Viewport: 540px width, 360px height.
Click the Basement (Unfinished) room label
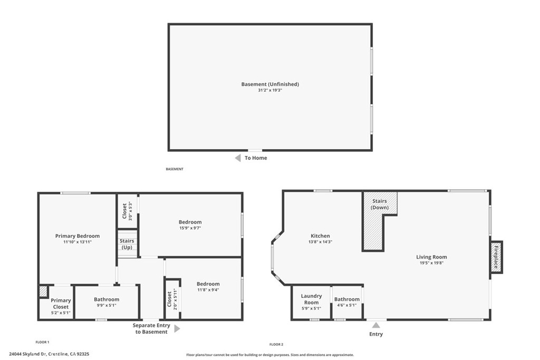coord(270,84)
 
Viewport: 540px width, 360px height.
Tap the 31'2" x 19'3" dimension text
coord(270,90)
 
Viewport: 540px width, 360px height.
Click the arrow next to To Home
coord(238,158)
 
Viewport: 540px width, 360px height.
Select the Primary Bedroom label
coord(78,236)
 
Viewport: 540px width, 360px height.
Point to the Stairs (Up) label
coord(127,244)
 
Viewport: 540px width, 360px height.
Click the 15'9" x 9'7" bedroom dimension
coord(190,228)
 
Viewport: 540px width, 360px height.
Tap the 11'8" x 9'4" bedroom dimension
coord(208,290)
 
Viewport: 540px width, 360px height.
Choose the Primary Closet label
coord(61,304)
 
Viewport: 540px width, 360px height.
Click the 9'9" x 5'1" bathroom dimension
coord(107,305)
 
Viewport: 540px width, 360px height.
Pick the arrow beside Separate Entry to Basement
coord(177,329)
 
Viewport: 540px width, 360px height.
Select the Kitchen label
coord(320,236)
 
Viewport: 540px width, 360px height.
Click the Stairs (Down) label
coord(380,204)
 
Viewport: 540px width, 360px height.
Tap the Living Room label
coord(431,257)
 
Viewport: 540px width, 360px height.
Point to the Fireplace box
coord(496,257)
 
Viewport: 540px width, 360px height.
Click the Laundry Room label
coord(311,299)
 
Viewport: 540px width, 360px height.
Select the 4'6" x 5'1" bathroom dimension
coord(347,305)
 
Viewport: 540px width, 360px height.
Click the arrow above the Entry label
coord(376,325)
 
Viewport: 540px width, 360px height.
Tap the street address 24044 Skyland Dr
coord(28,354)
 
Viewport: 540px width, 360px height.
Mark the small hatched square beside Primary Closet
coord(43,291)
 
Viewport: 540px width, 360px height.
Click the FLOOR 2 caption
coord(276,344)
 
